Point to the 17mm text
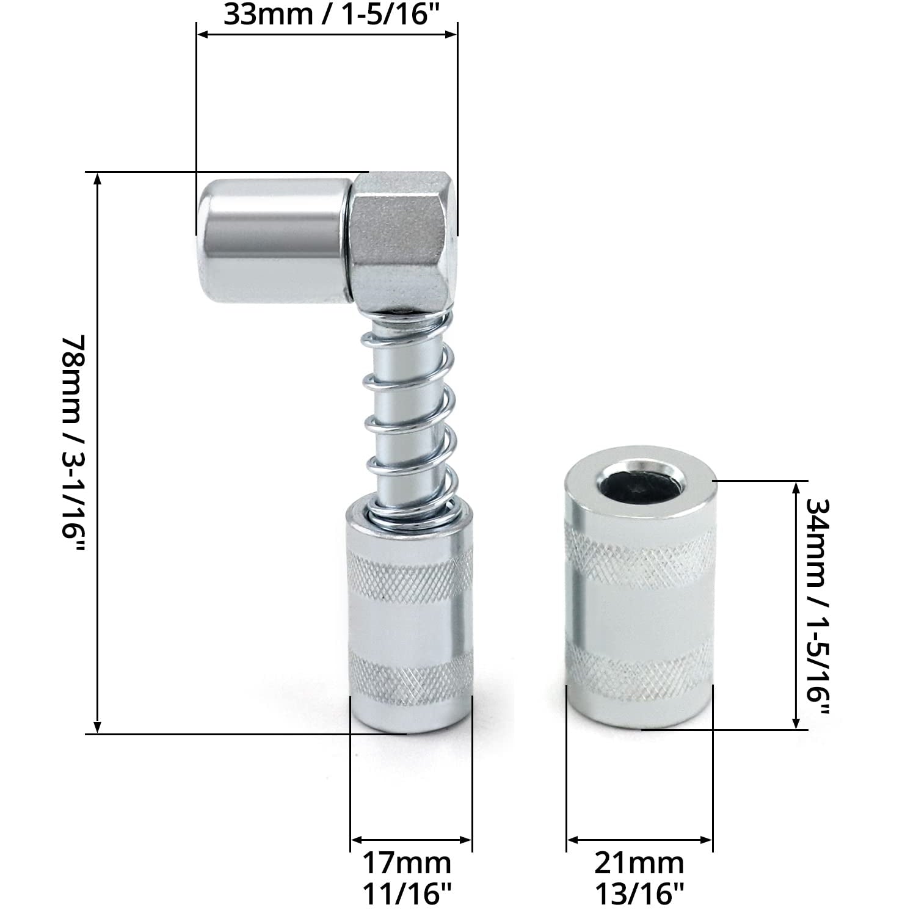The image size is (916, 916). pyautogui.click(x=407, y=863)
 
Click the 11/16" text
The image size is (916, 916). pyautogui.click(x=407, y=894)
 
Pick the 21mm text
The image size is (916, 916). pyautogui.click(x=639, y=863)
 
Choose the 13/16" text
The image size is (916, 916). pyautogui.click(x=639, y=894)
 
